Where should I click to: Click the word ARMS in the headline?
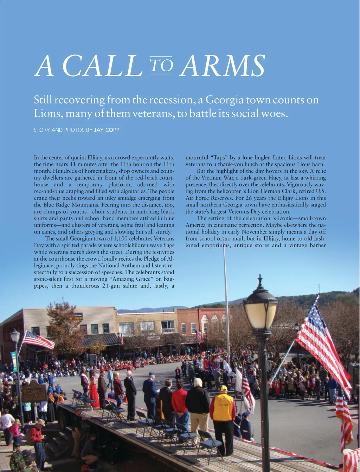(x=223, y=66)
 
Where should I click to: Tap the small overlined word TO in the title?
(x=161, y=65)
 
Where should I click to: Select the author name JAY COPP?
(x=107, y=130)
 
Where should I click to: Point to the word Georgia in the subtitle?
(x=224, y=100)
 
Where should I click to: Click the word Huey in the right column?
(x=272, y=178)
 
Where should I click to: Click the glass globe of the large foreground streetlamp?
(x=261, y=314)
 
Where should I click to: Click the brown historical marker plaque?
(x=34, y=391)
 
